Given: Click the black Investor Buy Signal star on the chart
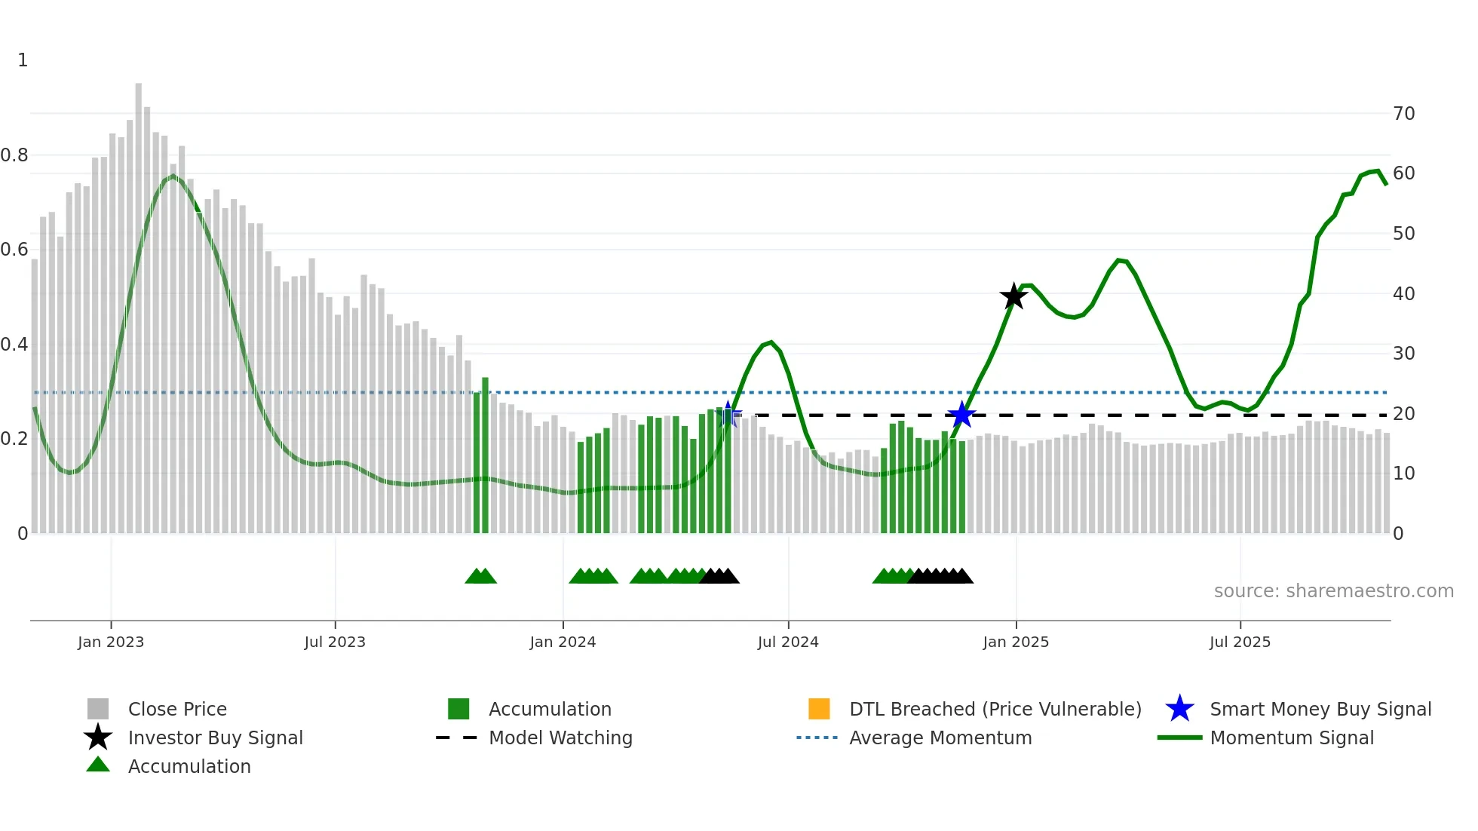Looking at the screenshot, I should [1013, 296].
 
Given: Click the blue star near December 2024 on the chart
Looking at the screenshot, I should [961, 415].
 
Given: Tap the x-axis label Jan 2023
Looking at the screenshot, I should [111, 642].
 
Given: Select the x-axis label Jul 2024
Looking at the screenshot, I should [788, 642].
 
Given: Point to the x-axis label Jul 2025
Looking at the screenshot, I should [1240, 642].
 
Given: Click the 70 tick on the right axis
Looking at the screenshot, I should [1403, 114].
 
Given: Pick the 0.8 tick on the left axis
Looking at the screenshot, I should [15, 155].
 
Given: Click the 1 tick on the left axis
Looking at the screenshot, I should [23, 60].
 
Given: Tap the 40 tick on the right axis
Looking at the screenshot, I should [1403, 294].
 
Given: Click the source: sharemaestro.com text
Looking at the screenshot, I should [1333, 591].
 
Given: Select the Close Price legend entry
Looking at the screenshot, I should [177, 709].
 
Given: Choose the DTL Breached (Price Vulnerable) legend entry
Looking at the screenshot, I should [995, 709].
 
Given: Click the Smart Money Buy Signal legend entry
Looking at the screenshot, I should [1320, 709].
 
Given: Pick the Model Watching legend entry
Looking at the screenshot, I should [560, 737].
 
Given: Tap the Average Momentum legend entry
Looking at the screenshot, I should [940, 737].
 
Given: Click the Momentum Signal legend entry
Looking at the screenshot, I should [1291, 737].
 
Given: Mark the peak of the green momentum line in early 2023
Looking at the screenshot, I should [173, 176].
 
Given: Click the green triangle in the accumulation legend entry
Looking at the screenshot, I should [98, 765].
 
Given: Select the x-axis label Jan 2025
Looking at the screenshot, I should [1016, 642].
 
